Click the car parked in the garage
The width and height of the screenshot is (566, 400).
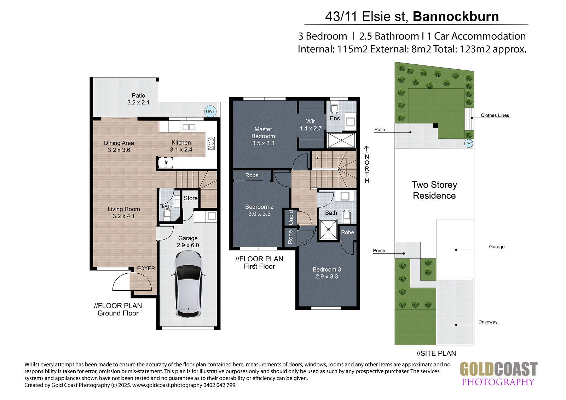(188, 284)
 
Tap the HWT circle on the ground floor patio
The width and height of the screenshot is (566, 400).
(210, 111)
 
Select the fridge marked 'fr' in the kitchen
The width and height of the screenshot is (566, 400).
(166, 162)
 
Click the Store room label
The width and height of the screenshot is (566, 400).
(191, 198)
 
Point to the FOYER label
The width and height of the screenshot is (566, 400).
(146, 268)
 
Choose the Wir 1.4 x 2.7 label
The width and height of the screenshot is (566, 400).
(311, 125)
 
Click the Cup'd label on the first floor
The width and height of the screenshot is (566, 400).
(291, 217)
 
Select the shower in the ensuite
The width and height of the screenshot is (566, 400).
(341, 140)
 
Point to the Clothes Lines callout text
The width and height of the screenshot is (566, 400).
(495, 115)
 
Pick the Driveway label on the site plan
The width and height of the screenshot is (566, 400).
(488, 322)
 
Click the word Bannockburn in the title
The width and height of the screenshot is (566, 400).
(456, 16)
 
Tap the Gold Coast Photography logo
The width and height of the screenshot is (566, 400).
(498, 374)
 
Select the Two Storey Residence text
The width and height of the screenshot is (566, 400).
(434, 190)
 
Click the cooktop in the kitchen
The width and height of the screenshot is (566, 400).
(211, 143)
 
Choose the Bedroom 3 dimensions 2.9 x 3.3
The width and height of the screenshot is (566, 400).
(327, 277)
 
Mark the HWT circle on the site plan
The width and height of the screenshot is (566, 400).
(468, 143)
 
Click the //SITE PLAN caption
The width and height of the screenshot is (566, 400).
(436, 353)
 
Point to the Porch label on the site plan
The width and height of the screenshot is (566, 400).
(379, 250)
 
